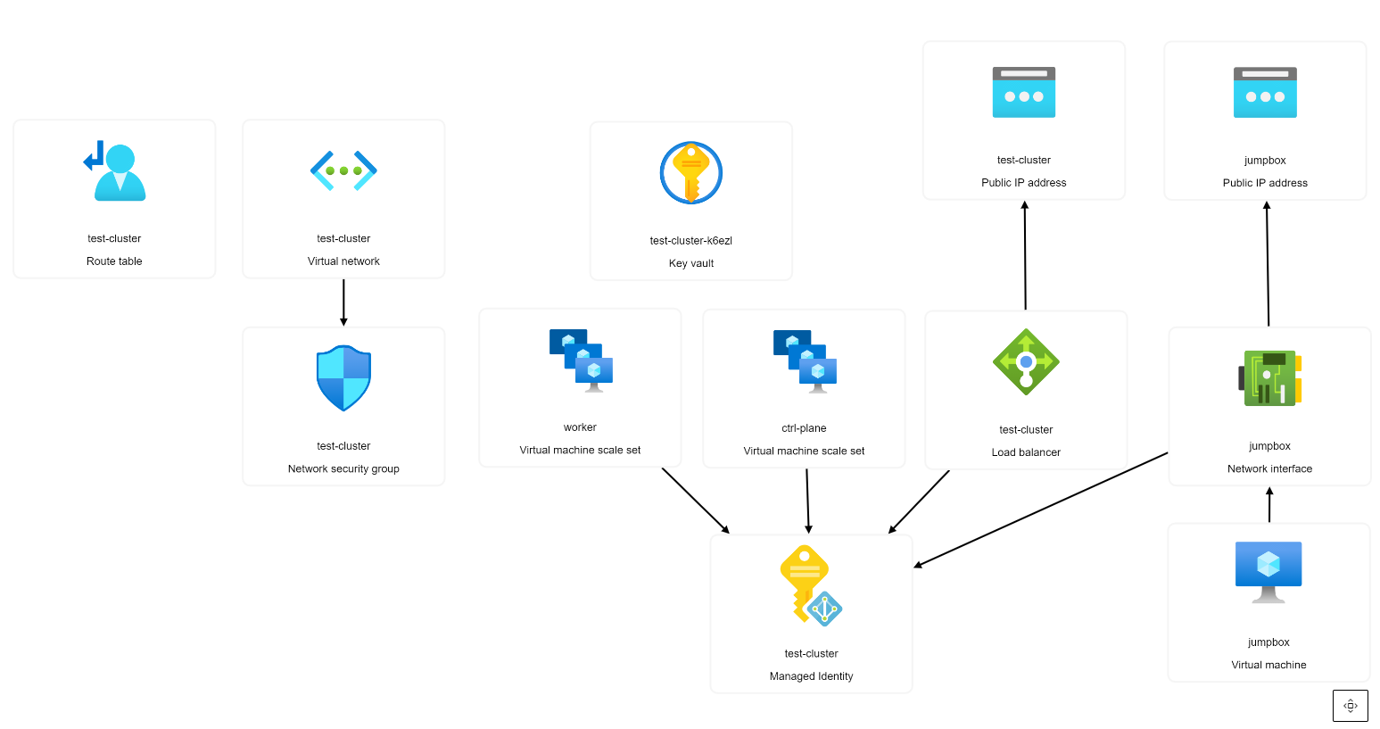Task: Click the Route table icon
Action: [x=115, y=170]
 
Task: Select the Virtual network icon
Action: [x=343, y=170]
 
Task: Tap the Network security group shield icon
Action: [x=343, y=378]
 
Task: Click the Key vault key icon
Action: [x=691, y=173]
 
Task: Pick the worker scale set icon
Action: [x=581, y=360]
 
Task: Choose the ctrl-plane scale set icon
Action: [x=805, y=361]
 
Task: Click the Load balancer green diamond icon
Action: [x=1026, y=362]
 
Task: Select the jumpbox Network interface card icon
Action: [x=1269, y=378]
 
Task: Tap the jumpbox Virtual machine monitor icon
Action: [x=1268, y=572]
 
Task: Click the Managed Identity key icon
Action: [x=811, y=585]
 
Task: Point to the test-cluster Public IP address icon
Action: [x=1024, y=92]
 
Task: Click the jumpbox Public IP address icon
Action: [x=1265, y=93]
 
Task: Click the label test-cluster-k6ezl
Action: [x=691, y=241]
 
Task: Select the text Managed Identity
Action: [x=811, y=676]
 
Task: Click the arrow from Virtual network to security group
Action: [x=343, y=302]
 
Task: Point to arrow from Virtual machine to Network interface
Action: [x=1269, y=505]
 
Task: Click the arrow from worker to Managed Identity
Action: [x=696, y=501]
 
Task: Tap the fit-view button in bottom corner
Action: [x=1351, y=706]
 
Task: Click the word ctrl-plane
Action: [x=804, y=428]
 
